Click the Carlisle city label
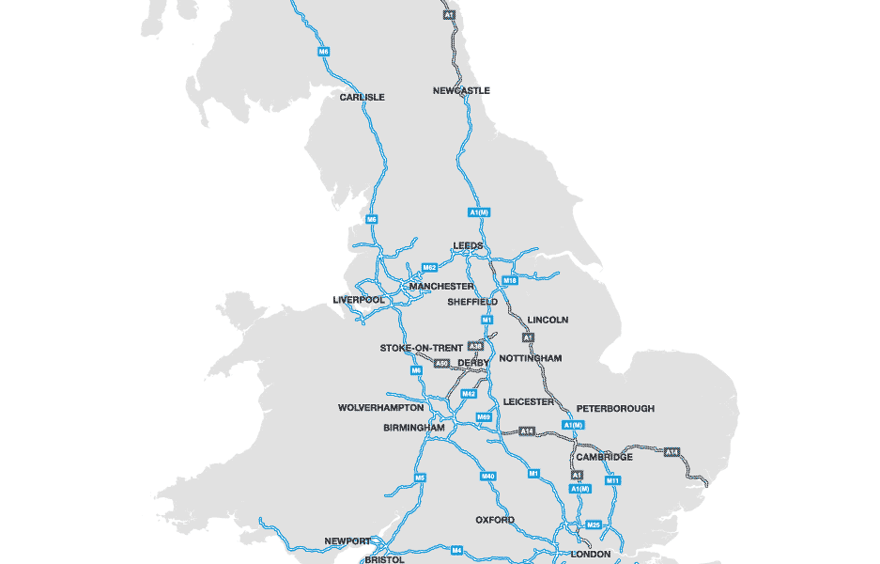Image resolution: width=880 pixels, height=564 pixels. tap(362, 97)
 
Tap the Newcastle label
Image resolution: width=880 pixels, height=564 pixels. tap(461, 90)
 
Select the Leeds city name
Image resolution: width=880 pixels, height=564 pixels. tap(468, 246)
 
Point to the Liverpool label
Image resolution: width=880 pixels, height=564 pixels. tap(359, 300)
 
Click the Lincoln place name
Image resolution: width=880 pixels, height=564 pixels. tap(548, 320)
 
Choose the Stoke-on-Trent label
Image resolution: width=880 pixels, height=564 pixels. tap(422, 348)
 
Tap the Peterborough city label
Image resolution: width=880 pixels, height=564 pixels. tap(615, 409)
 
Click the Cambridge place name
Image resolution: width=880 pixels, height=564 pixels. tap(604, 457)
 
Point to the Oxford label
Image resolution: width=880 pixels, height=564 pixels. tap(495, 520)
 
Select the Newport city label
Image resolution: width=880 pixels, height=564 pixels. tap(347, 540)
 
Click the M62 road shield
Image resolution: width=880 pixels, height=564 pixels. tap(430, 267)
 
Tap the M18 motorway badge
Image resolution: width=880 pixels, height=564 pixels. tap(510, 280)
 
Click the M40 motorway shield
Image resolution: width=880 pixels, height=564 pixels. tap(488, 478)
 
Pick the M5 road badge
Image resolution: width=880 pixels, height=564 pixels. tap(420, 478)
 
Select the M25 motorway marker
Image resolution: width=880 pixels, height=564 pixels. tap(593, 525)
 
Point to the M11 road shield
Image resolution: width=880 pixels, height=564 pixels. tap(612, 480)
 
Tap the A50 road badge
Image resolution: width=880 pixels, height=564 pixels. tap(441, 363)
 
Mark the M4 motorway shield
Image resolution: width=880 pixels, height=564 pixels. tap(457, 550)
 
